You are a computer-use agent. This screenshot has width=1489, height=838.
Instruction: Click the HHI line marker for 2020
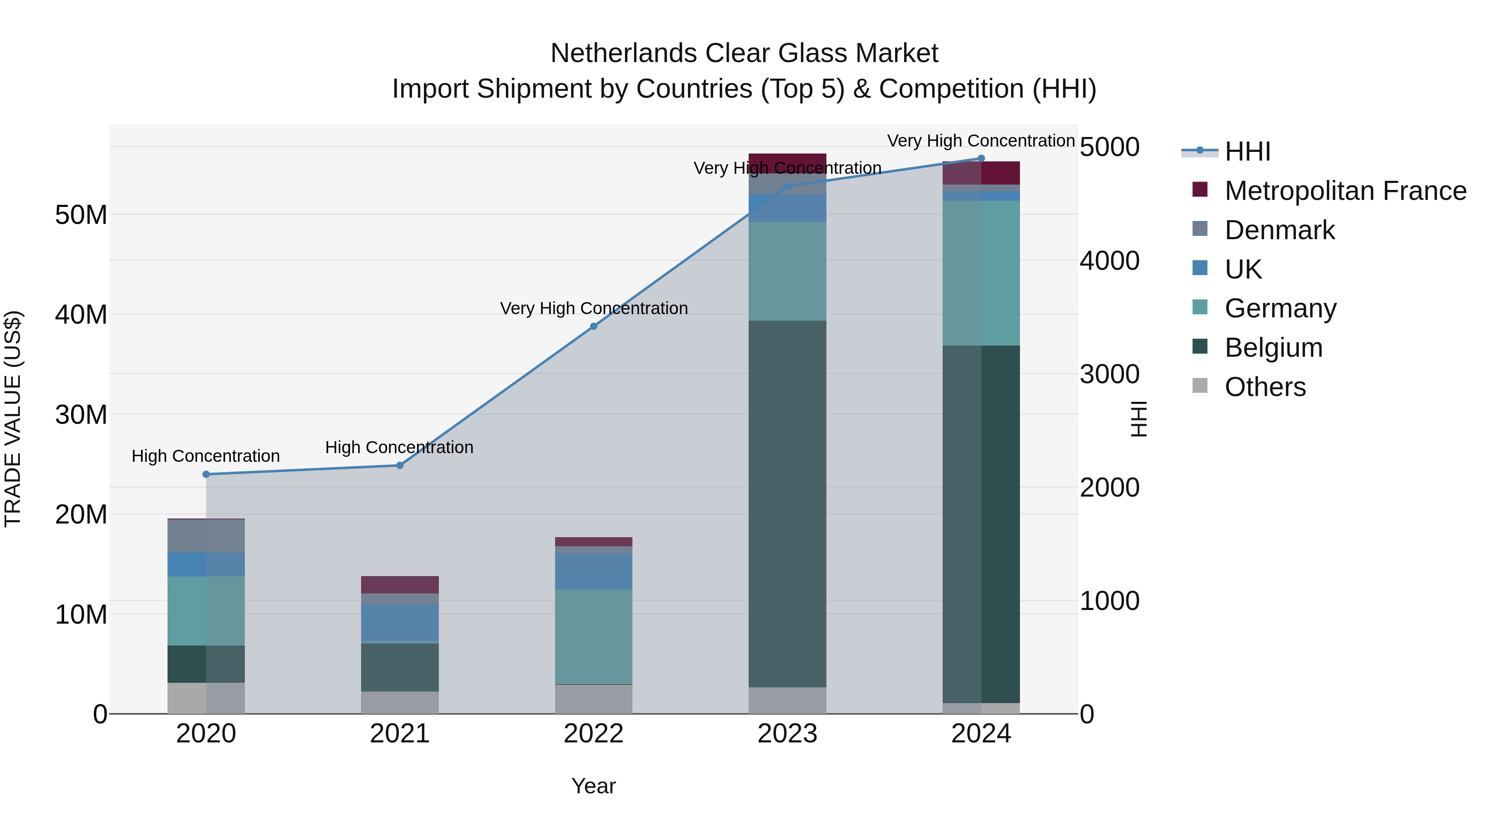pyautogui.click(x=206, y=474)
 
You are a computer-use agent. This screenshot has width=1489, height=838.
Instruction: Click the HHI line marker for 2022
pyautogui.click(x=593, y=326)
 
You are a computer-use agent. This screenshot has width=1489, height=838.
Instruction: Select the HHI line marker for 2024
pyautogui.click(x=981, y=158)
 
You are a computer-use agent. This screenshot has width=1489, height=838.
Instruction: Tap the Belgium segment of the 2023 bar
pyautogui.click(x=787, y=503)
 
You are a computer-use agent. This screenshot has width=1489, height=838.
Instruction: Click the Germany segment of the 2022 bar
pyautogui.click(x=593, y=636)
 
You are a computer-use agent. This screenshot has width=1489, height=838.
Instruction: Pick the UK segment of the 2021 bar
pyautogui.click(x=400, y=622)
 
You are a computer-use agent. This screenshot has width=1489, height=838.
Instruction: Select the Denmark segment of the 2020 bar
pyautogui.click(x=206, y=536)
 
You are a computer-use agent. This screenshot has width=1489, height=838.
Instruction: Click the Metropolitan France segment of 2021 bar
pyautogui.click(x=400, y=585)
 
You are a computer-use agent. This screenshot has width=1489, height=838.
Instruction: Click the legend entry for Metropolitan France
pyautogui.click(x=1345, y=191)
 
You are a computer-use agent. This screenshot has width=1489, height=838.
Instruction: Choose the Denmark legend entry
pyautogui.click(x=1279, y=230)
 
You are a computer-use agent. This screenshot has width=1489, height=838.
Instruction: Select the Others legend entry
pyautogui.click(x=1265, y=387)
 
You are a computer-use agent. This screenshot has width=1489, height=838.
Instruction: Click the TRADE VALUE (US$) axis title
pyautogui.click(x=13, y=419)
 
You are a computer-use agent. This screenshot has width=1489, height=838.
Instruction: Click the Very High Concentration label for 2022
pyautogui.click(x=594, y=308)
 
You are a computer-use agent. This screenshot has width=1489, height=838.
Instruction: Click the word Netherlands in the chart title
pyautogui.click(x=623, y=53)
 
